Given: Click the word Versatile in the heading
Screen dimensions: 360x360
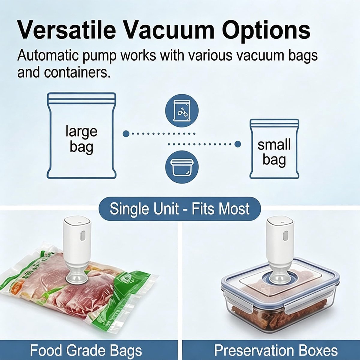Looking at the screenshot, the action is (67, 30).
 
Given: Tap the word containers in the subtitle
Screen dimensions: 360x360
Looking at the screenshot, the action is (76, 72).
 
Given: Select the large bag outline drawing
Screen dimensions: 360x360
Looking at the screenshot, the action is (82, 135).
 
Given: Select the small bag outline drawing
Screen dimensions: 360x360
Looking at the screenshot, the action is (274, 149).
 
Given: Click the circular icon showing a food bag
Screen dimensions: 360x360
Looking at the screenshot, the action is (182, 111).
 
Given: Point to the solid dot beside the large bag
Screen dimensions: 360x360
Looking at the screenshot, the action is (126, 133).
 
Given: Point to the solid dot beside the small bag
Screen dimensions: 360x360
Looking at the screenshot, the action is (237, 144).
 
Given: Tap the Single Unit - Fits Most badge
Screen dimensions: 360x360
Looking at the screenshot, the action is (179, 209).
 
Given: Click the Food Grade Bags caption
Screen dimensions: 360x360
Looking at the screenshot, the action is (86, 350).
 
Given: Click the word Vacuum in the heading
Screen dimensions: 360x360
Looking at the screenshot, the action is (168, 30).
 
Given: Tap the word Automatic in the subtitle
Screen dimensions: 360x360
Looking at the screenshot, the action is (48, 55).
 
